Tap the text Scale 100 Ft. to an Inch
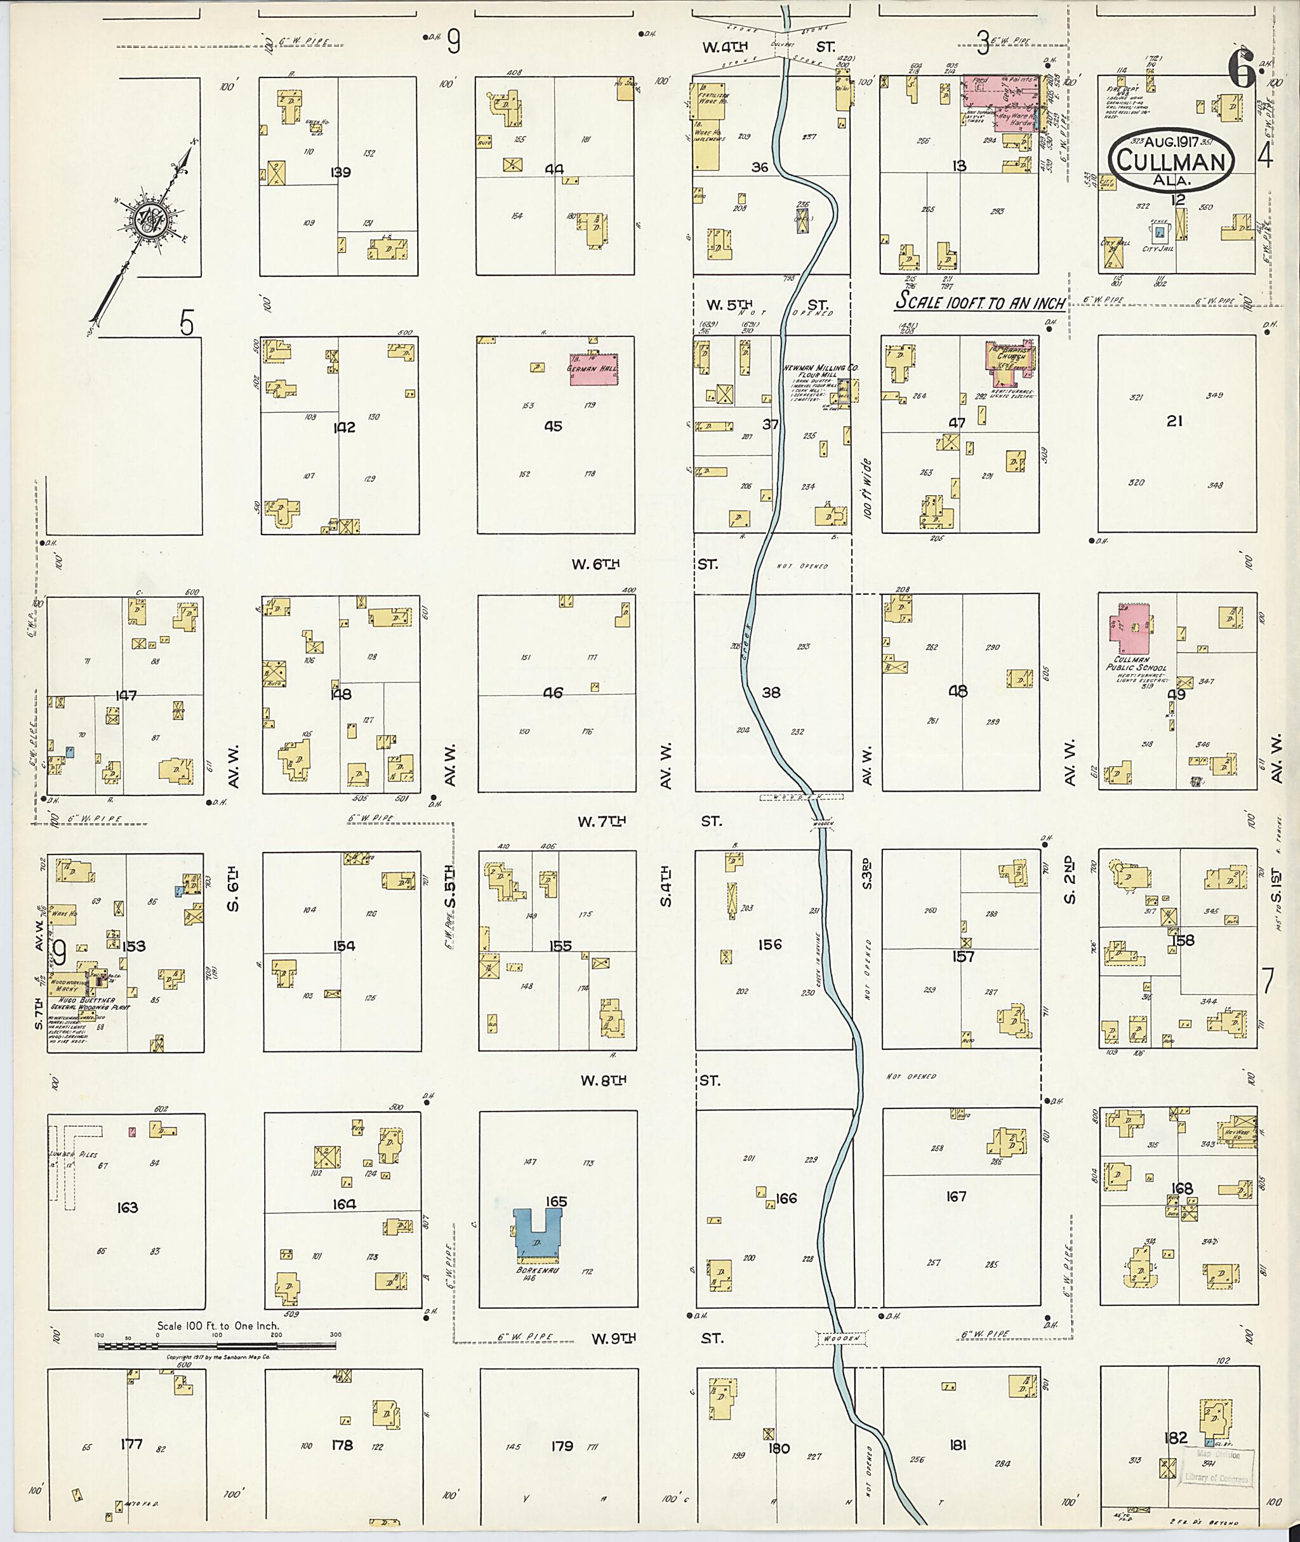(x=980, y=303)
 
